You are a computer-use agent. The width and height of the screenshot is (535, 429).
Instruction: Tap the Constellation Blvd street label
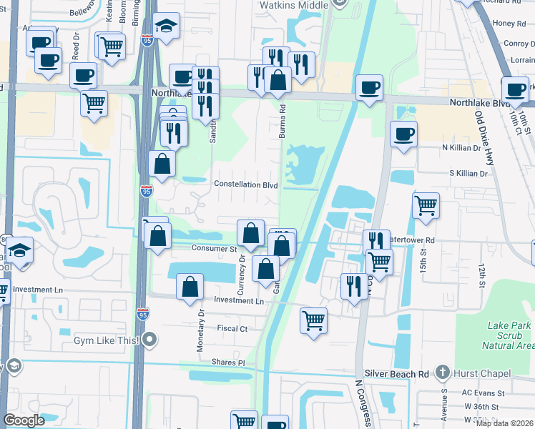(246, 184)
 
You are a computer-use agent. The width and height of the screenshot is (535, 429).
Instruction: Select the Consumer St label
(214, 248)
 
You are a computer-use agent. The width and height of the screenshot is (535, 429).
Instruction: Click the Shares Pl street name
(227, 363)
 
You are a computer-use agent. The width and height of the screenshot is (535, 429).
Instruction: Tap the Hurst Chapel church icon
(443, 372)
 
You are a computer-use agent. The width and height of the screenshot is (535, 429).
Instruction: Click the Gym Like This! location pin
(149, 340)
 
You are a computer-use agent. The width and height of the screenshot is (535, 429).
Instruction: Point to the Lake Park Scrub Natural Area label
(509, 335)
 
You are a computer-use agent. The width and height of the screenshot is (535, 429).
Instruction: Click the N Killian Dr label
(465, 147)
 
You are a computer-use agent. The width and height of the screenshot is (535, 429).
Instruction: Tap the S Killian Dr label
(468, 173)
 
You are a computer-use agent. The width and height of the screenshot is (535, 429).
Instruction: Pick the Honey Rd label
(509, 24)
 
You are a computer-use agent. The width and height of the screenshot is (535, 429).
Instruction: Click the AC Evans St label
(483, 393)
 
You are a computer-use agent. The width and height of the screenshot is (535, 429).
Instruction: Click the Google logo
(24, 420)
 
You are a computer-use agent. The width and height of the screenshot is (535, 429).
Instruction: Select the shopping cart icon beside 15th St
(426, 206)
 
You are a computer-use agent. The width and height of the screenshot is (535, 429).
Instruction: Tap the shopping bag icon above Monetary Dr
(190, 287)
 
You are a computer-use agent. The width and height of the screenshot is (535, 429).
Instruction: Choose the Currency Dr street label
(242, 275)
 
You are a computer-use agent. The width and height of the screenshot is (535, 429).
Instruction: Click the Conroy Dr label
(519, 43)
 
